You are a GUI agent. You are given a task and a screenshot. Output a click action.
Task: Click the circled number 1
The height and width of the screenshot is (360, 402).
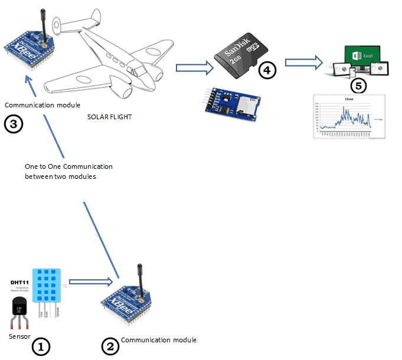(x=41, y=346)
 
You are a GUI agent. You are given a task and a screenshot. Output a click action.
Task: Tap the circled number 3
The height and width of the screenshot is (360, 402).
(x=14, y=124)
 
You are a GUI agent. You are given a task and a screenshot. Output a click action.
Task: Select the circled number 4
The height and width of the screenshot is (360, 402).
(x=267, y=70)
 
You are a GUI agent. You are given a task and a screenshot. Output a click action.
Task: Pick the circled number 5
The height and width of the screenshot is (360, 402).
(x=358, y=85)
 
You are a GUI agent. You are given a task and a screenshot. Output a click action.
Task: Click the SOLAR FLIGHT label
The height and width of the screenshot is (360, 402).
(x=109, y=117)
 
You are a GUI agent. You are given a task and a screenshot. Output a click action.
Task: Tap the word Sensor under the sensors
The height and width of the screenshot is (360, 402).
(x=19, y=336)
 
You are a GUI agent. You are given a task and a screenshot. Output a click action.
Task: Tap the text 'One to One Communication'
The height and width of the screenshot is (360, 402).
(x=68, y=166)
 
